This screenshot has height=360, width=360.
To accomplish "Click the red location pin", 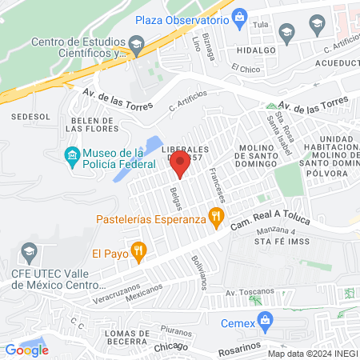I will [x=180, y=166].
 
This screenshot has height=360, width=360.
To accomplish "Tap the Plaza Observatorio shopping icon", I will [x=239, y=19].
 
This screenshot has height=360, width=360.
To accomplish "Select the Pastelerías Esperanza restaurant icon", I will [x=214, y=215].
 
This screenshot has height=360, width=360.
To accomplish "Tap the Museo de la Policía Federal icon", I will [x=72, y=154].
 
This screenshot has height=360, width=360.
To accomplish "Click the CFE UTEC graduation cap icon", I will [x=30, y=254].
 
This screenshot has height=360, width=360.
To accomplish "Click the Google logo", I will [x=26, y=350].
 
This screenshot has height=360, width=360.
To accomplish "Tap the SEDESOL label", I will [x=31, y=117].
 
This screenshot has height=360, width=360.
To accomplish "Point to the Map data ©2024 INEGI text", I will [x=312, y=354].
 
